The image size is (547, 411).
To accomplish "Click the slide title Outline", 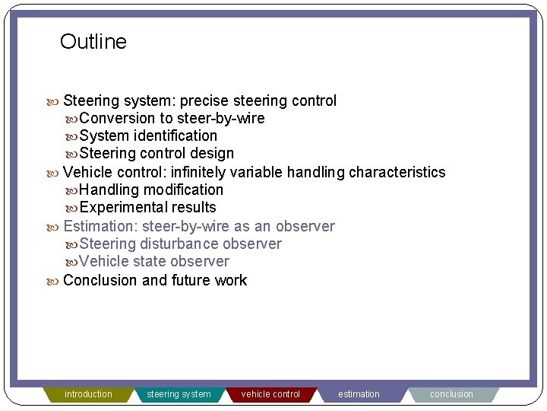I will coord(93,42).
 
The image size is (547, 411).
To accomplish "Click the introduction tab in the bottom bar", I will coord(88,394).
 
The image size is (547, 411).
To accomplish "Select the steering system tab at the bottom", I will coord(179,394).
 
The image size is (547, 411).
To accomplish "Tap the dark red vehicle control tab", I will coord(270,394).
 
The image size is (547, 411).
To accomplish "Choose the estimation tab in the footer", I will coord(359,394).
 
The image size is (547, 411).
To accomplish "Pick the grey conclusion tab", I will coord(451,394).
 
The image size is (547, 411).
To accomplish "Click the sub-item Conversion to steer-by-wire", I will coord(172,118).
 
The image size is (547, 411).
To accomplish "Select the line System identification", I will coord(147,135).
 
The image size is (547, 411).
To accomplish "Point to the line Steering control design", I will coord(156,153).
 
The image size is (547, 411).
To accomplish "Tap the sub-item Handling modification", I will coord(151,190).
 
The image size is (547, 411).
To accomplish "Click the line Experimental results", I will coord(147,207).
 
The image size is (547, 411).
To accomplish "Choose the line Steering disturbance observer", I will coord(180,244).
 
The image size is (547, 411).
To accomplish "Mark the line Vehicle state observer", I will coord(153,261).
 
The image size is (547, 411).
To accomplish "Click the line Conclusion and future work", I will coord(155,280).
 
